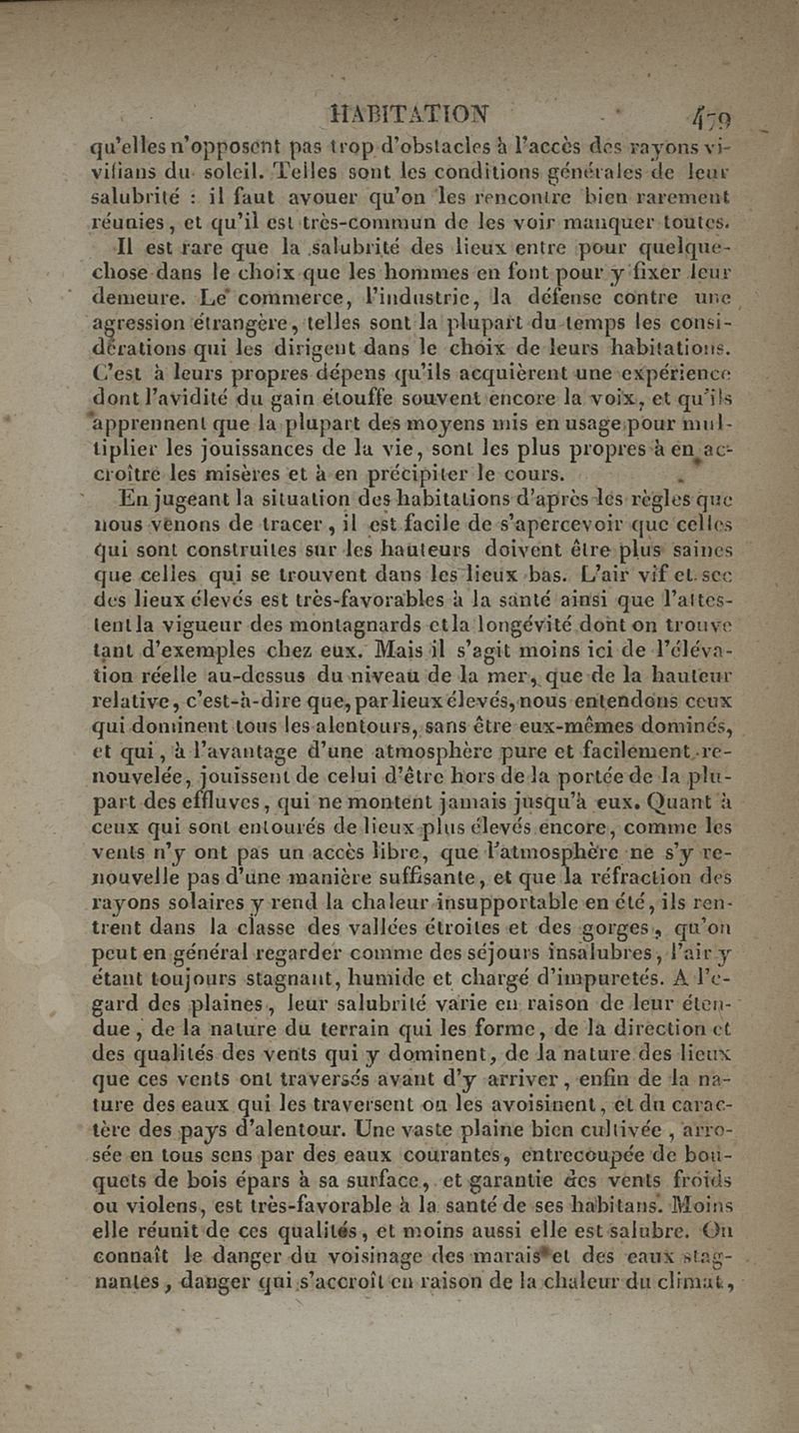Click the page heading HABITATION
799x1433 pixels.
pyautogui.click(x=409, y=111)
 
